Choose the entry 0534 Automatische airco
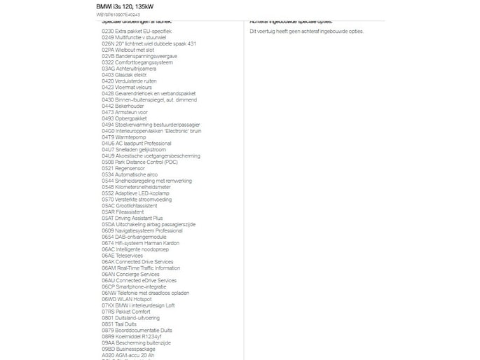(130, 174)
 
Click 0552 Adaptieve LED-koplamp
(135, 193)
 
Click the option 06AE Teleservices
(123, 256)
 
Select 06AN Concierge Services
(130, 274)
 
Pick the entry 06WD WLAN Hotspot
(126, 299)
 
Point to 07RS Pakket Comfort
(125, 312)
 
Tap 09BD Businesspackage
(128, 349)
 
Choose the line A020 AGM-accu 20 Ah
(128, 355)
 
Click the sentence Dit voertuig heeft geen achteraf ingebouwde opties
(306, 32)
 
